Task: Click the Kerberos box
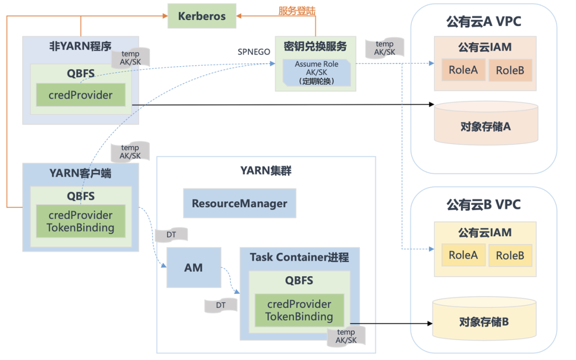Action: coord(202,16)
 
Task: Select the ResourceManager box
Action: coord(239,203)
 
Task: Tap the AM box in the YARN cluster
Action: coord(194,267)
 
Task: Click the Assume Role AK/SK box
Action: coord(317,73)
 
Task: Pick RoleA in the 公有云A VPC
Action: coord(463,70)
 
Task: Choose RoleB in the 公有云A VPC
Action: coord(510,70)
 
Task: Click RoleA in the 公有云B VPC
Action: coord(463,255)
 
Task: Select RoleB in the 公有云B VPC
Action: coord(510,255)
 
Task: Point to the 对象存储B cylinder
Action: coord(484,318)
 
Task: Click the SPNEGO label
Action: coord(254,52)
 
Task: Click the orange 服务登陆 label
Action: coord(297,11)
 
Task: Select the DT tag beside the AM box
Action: coord(171,234)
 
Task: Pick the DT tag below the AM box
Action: coord(220,305)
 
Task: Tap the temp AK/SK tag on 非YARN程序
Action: coord(131,57)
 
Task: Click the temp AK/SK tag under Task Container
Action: coord(346,336)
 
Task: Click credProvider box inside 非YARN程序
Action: coord(81,95)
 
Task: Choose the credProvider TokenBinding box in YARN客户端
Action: coord(81,221)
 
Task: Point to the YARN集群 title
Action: coord(266,171)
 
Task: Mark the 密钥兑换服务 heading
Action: coord(315,46)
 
